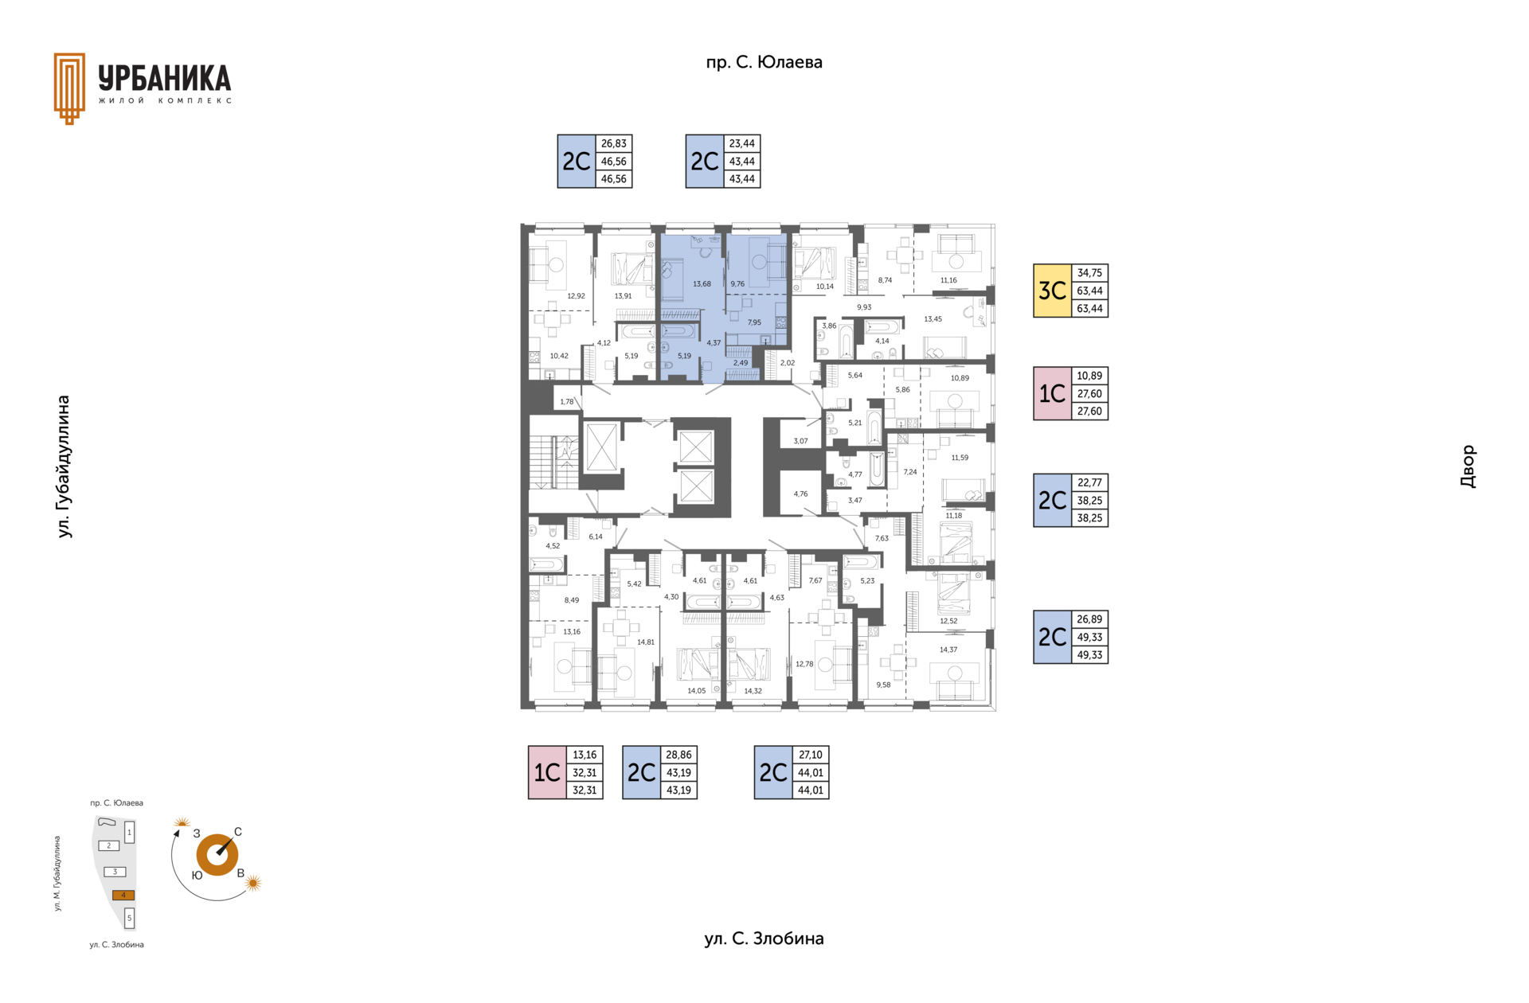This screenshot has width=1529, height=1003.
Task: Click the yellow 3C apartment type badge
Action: point(1052,291)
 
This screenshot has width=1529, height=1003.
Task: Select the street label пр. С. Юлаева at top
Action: point(764,62)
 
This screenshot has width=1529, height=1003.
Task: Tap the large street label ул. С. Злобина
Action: point(764,939)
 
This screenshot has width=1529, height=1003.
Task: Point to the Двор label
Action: point(1468,466)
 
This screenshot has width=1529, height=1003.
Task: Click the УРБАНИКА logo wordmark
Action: point(165,79)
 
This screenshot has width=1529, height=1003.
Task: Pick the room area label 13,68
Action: point(702,284)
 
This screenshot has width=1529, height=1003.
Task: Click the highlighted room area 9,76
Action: point(737,283)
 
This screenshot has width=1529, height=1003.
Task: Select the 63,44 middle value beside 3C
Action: point(1089,291)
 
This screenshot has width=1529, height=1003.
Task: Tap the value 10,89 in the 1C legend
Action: point(1089,376)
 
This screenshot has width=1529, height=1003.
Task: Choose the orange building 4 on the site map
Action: point(123,895)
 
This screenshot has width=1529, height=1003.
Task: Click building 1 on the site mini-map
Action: point(129,832)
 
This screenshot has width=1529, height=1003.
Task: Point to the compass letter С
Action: point(237,832)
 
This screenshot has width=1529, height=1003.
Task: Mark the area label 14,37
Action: point(948,650)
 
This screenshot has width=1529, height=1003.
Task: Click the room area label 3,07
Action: point(800,441)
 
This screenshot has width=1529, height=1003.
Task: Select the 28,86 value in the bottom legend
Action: point(678,755)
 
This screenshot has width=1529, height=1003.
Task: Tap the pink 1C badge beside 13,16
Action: point(547,772)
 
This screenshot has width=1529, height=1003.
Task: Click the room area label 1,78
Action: point(566,402)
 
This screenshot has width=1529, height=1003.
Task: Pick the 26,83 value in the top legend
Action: point(613,143)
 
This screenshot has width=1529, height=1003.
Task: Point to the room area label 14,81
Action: point(645,642)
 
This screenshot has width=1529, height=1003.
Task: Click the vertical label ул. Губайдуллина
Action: point(64,466)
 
